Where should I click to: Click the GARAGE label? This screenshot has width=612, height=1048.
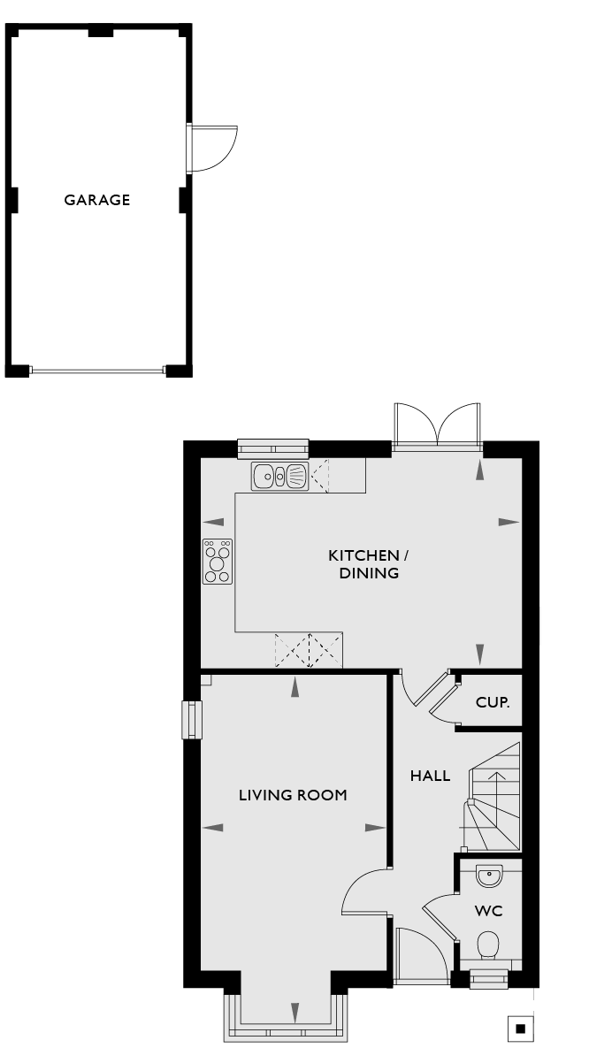(97, 200)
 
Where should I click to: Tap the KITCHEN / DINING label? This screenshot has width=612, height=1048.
(369, 564)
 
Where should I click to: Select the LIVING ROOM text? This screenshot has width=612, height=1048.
(294, 795)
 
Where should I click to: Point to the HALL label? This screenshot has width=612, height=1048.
(431, 776)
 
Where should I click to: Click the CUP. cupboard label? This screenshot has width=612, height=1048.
(493, 702)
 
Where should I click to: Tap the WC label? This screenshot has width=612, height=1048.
(488, 911)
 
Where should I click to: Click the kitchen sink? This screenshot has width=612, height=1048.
(279, 476)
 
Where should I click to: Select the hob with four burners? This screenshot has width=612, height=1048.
(218, 562)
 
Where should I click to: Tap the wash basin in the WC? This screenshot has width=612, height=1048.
(489, 876)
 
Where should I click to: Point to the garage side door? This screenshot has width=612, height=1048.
(212, 149)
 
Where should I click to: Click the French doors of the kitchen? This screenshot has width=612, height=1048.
(438, 425)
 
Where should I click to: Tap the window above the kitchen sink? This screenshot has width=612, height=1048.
(273, 448)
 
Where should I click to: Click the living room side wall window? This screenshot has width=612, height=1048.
(192, 720)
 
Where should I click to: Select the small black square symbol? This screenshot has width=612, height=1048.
(521, 1028)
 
